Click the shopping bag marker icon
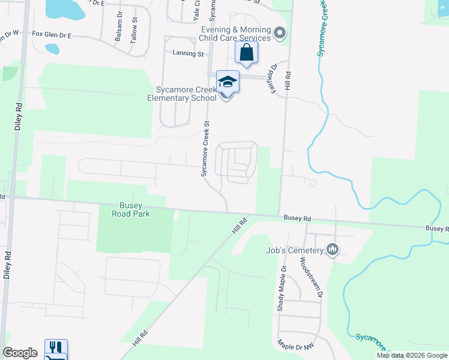[247, 53]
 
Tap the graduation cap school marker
[228, 82]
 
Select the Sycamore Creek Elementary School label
[182, 94]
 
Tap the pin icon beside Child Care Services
[279, 34]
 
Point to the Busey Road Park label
[130, 209]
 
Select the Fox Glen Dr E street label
[52, 35]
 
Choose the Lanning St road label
[188, 53]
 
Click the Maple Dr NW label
[295, 347]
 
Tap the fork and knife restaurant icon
[56, 347]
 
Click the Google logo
[20, 352]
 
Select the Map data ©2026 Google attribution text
[411, 355]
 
